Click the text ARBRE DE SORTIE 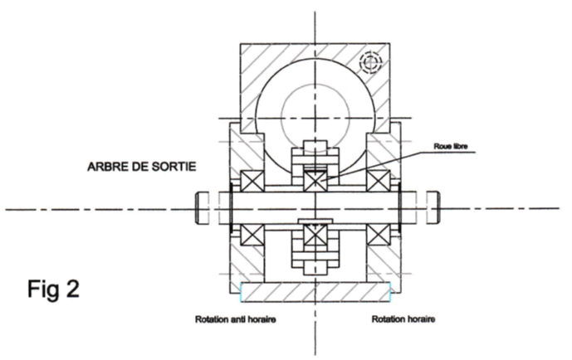point(141,166)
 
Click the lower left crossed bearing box point(251,234)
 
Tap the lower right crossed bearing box point(379,234)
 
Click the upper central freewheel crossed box point(315,179)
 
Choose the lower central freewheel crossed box point(315,236)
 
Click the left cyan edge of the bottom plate point(241,291)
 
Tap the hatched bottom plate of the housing point(315,291)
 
